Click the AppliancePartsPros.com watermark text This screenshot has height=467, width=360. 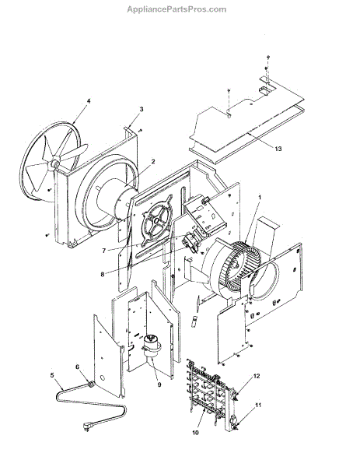[x=177, y=9]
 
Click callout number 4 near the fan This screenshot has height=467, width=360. [x=89, y=101]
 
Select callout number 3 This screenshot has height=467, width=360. [x=142, y=109]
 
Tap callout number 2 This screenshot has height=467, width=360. [x=153, y=161]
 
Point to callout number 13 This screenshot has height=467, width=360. [x=278, y=149]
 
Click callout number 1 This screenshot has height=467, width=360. [x=260, y=197]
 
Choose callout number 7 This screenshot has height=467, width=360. [x=104, y=251]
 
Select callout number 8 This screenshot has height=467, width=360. [x=103, y=274]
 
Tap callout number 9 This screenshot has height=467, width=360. [x=159, y=384]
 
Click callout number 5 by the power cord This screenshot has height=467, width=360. [x=52, y=375]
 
